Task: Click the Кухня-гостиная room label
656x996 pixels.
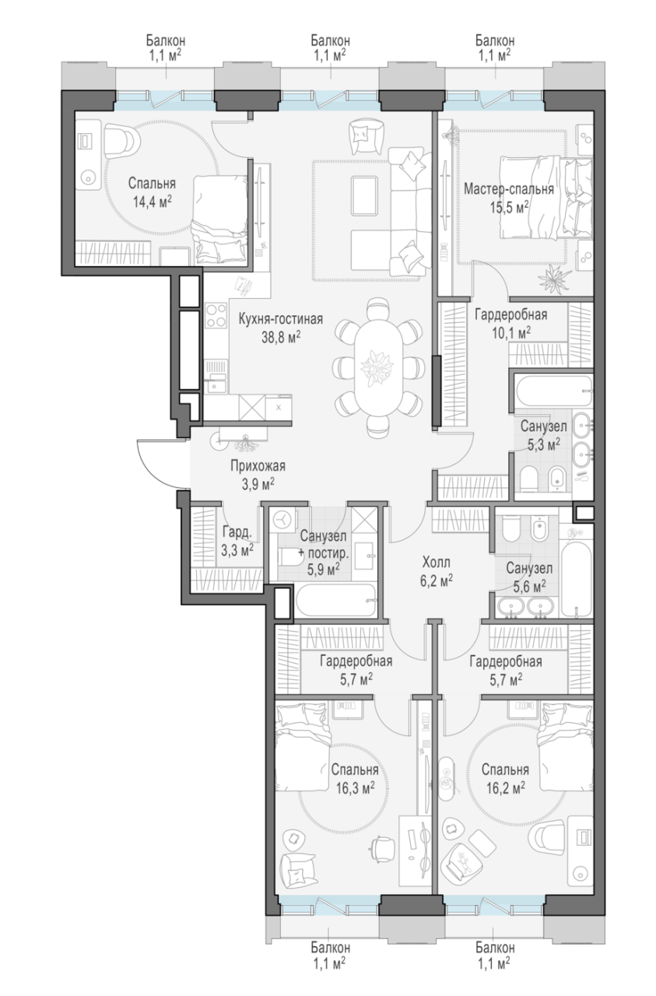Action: (281, 319)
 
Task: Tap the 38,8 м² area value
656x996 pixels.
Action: (281, 337)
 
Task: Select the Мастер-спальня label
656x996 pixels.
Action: (509, 189)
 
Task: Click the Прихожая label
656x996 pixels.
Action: (258, 466)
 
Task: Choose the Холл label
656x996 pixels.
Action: (436, 563)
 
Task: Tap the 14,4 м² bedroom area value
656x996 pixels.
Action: (153, 202)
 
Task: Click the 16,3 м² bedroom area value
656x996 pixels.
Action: (355, 788)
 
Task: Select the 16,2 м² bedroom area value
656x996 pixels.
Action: (505, 788)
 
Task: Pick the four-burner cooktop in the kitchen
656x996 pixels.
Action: (216, 315)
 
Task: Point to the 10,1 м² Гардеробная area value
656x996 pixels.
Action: (511, 333)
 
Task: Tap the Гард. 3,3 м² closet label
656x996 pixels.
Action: (237, 541)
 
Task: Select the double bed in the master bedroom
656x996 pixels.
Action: (546, 198)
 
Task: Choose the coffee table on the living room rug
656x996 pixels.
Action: (364, 195)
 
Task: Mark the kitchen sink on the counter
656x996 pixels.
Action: (216, 382)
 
